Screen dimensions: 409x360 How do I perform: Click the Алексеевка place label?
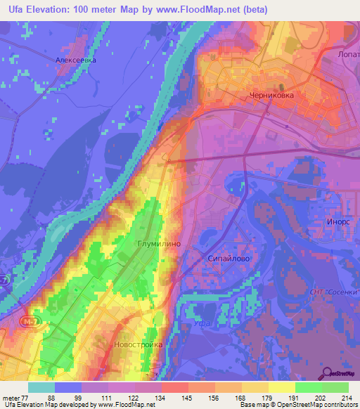coord(75,60)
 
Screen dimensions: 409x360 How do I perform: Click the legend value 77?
coord(27,397)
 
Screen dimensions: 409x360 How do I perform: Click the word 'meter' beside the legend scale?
coord(11,397)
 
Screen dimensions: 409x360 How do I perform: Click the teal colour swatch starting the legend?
coord(41,387)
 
